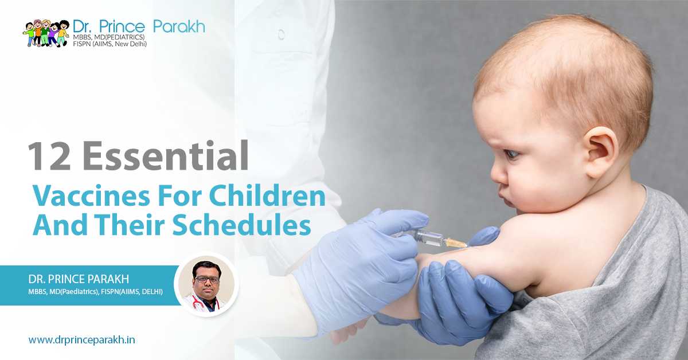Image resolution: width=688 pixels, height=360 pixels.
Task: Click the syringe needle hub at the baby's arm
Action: (456, 243)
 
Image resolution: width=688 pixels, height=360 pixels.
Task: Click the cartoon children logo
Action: (46, 33)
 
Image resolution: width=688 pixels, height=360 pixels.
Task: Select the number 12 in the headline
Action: (49, 156)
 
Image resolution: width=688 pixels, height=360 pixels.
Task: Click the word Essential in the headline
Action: (165, 156)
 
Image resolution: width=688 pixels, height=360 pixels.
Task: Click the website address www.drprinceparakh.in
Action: (81, 340)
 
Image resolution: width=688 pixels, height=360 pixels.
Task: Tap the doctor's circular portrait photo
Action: (206, 285)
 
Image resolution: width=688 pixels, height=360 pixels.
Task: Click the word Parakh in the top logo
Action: (179, 26)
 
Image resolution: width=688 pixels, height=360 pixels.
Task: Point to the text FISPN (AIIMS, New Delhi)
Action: (110, 44)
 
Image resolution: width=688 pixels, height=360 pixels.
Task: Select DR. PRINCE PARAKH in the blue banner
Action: (79, 279)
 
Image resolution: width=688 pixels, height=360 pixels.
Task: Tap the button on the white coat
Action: (281, 34)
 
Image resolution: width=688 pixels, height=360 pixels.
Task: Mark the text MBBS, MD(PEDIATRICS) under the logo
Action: (109, 37)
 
